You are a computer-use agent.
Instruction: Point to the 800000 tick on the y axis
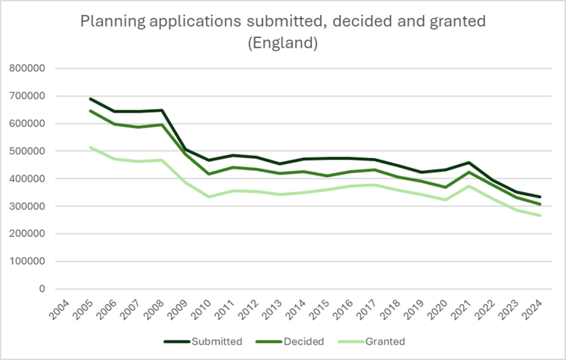(35, 69)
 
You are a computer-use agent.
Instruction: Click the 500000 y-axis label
(35, 151)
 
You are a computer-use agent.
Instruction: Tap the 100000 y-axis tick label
(35, 261)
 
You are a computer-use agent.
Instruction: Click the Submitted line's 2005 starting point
(90, 99)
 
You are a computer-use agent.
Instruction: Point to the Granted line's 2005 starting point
(90, 148)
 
